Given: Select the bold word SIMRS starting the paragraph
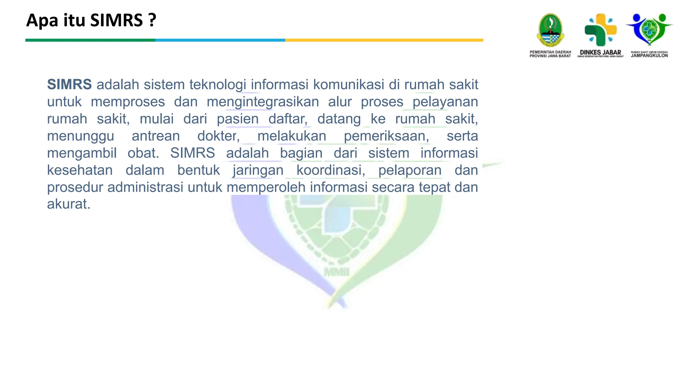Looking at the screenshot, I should click(69, 85).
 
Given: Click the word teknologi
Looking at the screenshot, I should click(217, 85).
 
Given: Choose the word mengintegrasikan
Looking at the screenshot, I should click(263, 102).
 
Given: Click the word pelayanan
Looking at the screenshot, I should click(445, 102).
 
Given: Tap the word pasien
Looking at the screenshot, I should click(237, 119).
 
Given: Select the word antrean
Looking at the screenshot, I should click(156, 136).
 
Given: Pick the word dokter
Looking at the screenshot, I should click(218, 136).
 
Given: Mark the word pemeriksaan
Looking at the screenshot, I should click(386, 136).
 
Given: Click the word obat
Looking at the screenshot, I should click(143, 153).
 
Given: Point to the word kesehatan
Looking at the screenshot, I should click(80, 170).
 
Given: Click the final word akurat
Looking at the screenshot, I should click(69, 204).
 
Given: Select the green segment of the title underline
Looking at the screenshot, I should click(90, 40).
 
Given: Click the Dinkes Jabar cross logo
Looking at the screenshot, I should click(600, 30).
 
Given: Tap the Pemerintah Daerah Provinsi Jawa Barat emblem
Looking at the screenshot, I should click(550, 30).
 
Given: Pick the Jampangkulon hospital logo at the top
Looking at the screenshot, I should click(649, 30).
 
